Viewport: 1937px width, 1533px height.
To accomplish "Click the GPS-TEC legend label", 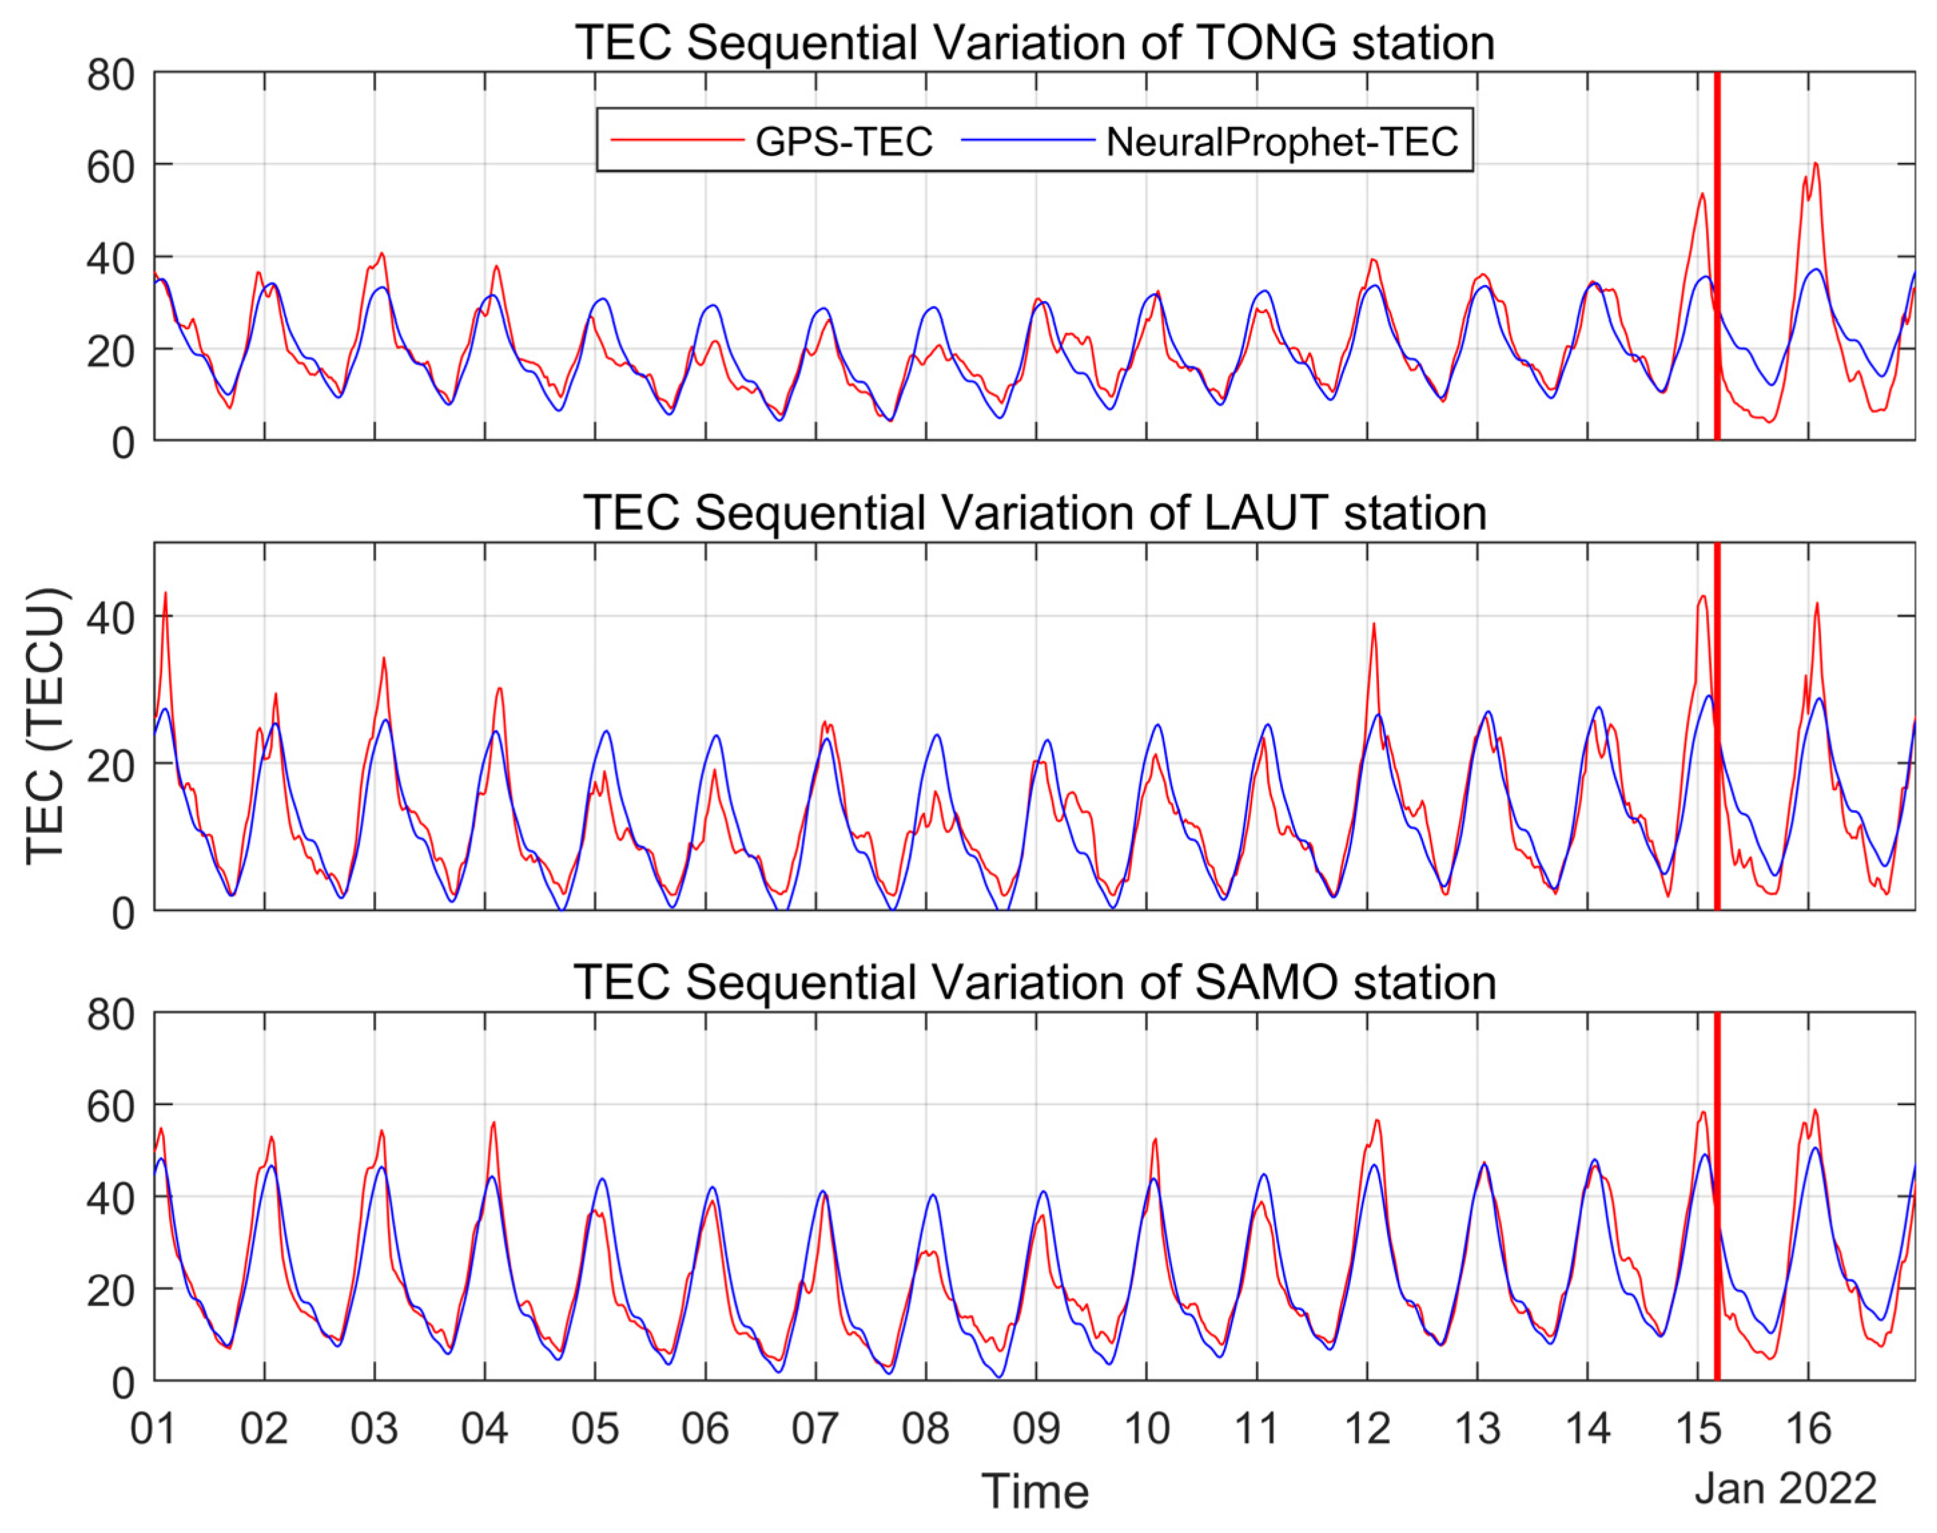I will pos(844,141).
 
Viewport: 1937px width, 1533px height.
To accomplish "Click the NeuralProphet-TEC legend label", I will pos(1282,141).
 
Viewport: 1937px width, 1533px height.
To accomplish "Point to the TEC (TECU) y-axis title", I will pos(45,727).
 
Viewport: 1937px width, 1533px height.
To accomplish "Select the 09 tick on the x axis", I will pos(1036,1429).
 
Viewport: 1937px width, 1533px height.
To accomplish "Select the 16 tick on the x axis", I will pos(1808,1429).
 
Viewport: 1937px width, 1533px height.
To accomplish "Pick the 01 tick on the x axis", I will pos(154,1429).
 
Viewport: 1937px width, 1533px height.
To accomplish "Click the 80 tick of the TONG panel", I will pos(110,75).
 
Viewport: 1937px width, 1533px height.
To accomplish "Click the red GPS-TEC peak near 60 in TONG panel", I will pos(1815,164).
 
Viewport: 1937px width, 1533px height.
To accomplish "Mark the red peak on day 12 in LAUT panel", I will pos(1373,625).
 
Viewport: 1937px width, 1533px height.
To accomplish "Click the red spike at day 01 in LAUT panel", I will pos(165,593).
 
